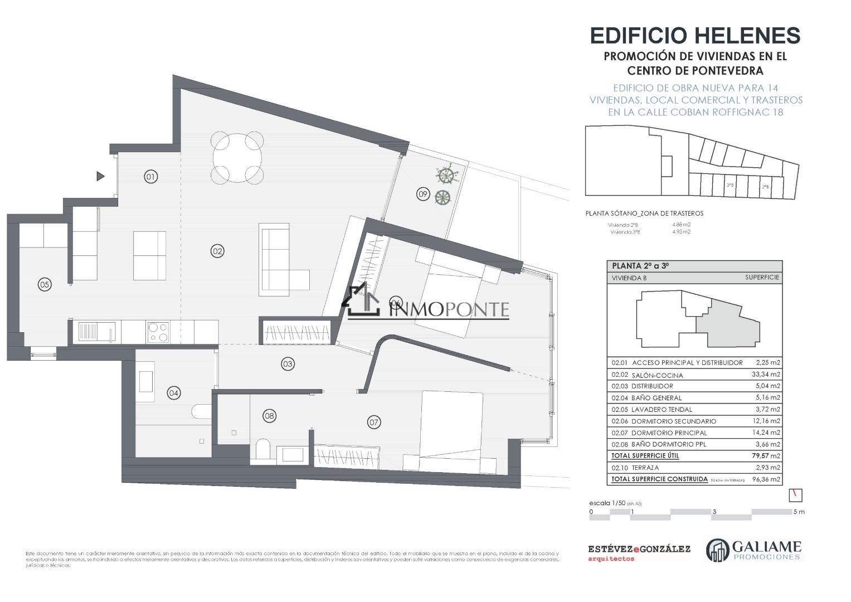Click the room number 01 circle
[x=150, y=177]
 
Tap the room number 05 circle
[x=45, y=284]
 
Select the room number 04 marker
[x=174, y=393]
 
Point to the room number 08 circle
[x=270, y=415]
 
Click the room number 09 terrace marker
[x=423, y=194]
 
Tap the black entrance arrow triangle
[x=100, y=176]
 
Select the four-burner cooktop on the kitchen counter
[x=158, y=332]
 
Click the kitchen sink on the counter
[x=95, y=332]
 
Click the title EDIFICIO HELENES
[x=695, y=36]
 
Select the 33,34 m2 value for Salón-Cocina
[x=766, y=375]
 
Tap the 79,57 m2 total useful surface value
[x=766, y=456]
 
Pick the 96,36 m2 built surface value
[x=766, y=479]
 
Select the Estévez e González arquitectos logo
[x=639, y=552]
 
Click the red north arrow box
[x=796, y=494]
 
